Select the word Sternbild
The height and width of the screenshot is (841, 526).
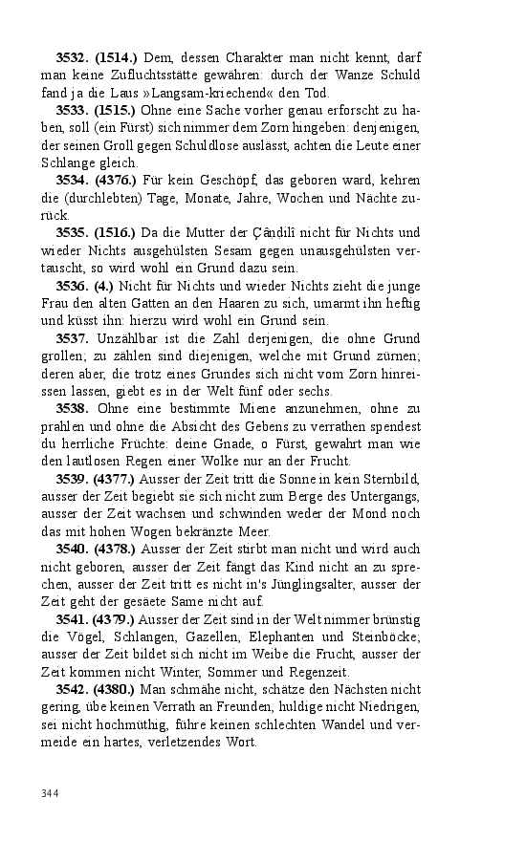point(390,479)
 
